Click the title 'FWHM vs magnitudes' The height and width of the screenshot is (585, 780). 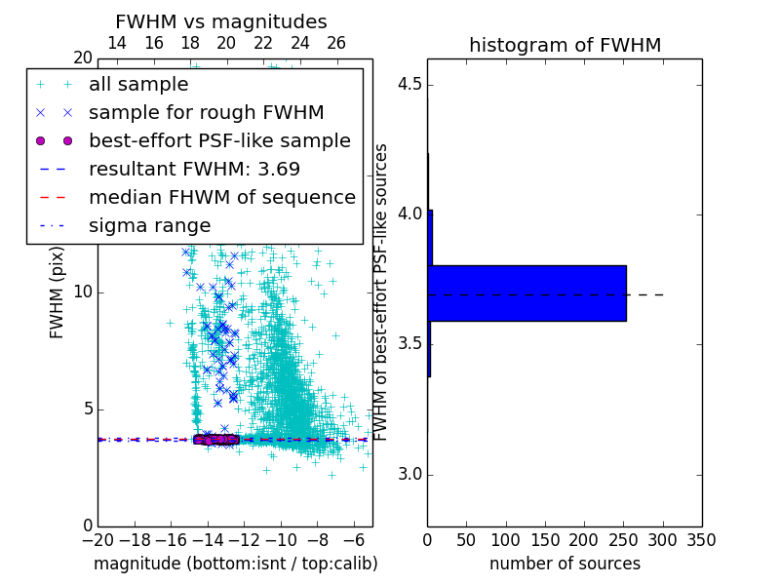(x=220, y=22)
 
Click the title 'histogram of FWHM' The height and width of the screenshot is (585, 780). (x=565, y=46)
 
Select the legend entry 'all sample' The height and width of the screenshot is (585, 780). (x=138, y=85)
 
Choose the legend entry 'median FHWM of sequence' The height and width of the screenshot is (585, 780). (x=221, y=197)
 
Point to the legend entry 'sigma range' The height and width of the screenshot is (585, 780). (x=149, y=225)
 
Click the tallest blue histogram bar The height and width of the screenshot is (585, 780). (x=526, y=292)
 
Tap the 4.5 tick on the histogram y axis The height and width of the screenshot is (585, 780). (x=409, y=84)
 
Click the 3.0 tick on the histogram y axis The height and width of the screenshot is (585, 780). (x=409, y=475)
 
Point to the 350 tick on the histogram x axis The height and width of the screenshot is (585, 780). (x=701, y=540)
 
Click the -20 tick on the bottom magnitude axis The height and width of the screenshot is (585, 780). (x=97, y=540)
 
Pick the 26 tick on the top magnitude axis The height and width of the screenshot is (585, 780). (x=336, y=43)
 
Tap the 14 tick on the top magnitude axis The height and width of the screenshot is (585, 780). (x=116, y=43)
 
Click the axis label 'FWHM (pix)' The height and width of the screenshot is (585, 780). (x=58, y=292)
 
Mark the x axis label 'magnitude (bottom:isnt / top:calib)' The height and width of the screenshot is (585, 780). (x=235, y=564)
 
